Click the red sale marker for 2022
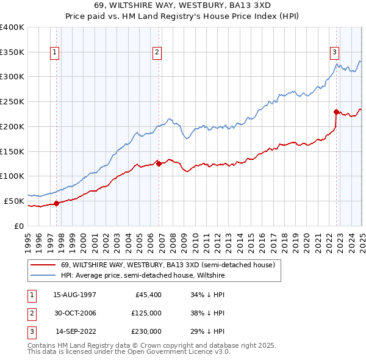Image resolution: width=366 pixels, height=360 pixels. (x=336, y=112)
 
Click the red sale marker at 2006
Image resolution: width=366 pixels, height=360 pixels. (x=159, y=164)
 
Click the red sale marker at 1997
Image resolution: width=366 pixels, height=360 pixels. (x=56, y=203)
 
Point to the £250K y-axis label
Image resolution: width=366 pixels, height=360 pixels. (x=12, y=102)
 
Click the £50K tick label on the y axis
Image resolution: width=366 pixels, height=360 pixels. (x=14, y=201)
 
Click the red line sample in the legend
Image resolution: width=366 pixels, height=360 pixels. (x=43, y=265)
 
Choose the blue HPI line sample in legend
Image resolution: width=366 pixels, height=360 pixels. (x=43, y=276)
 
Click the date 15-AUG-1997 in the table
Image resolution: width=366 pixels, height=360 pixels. (x=74, y=295)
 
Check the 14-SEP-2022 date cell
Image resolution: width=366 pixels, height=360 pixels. (x=75, y=331)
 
